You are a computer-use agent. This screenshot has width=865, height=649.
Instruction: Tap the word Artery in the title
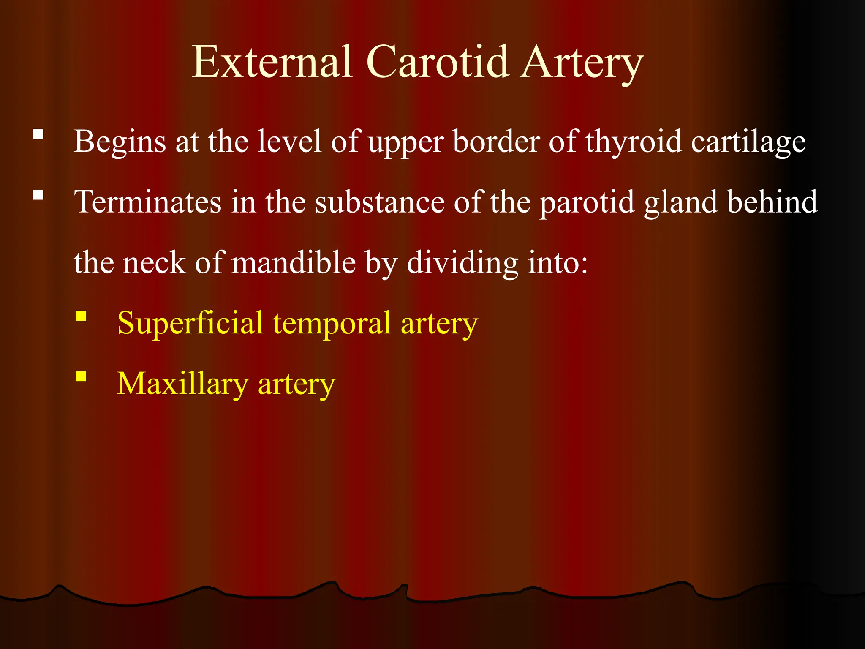coord(581,63)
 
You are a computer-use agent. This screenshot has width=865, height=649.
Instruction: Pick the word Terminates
coord(148,202)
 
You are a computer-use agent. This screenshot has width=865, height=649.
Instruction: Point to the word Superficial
coord(190,323)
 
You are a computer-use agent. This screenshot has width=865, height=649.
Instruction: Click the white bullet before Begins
coord(38,135)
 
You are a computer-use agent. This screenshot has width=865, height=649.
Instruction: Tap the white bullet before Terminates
coord(38,195)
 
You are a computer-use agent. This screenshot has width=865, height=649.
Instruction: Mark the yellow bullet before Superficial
coord(81,316)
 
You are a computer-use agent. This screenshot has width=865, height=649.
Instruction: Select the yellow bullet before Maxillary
coord(81,376)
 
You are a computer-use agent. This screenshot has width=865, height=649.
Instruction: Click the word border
coord(496,142)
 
